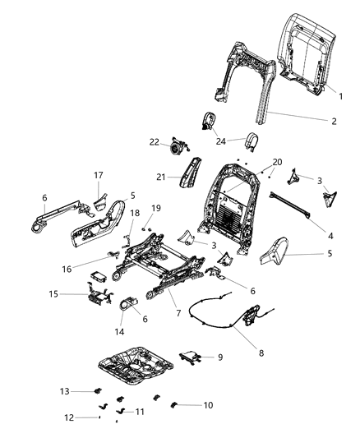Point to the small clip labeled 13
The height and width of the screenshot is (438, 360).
point(96,392)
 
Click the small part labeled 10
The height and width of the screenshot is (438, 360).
point(174,404)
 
